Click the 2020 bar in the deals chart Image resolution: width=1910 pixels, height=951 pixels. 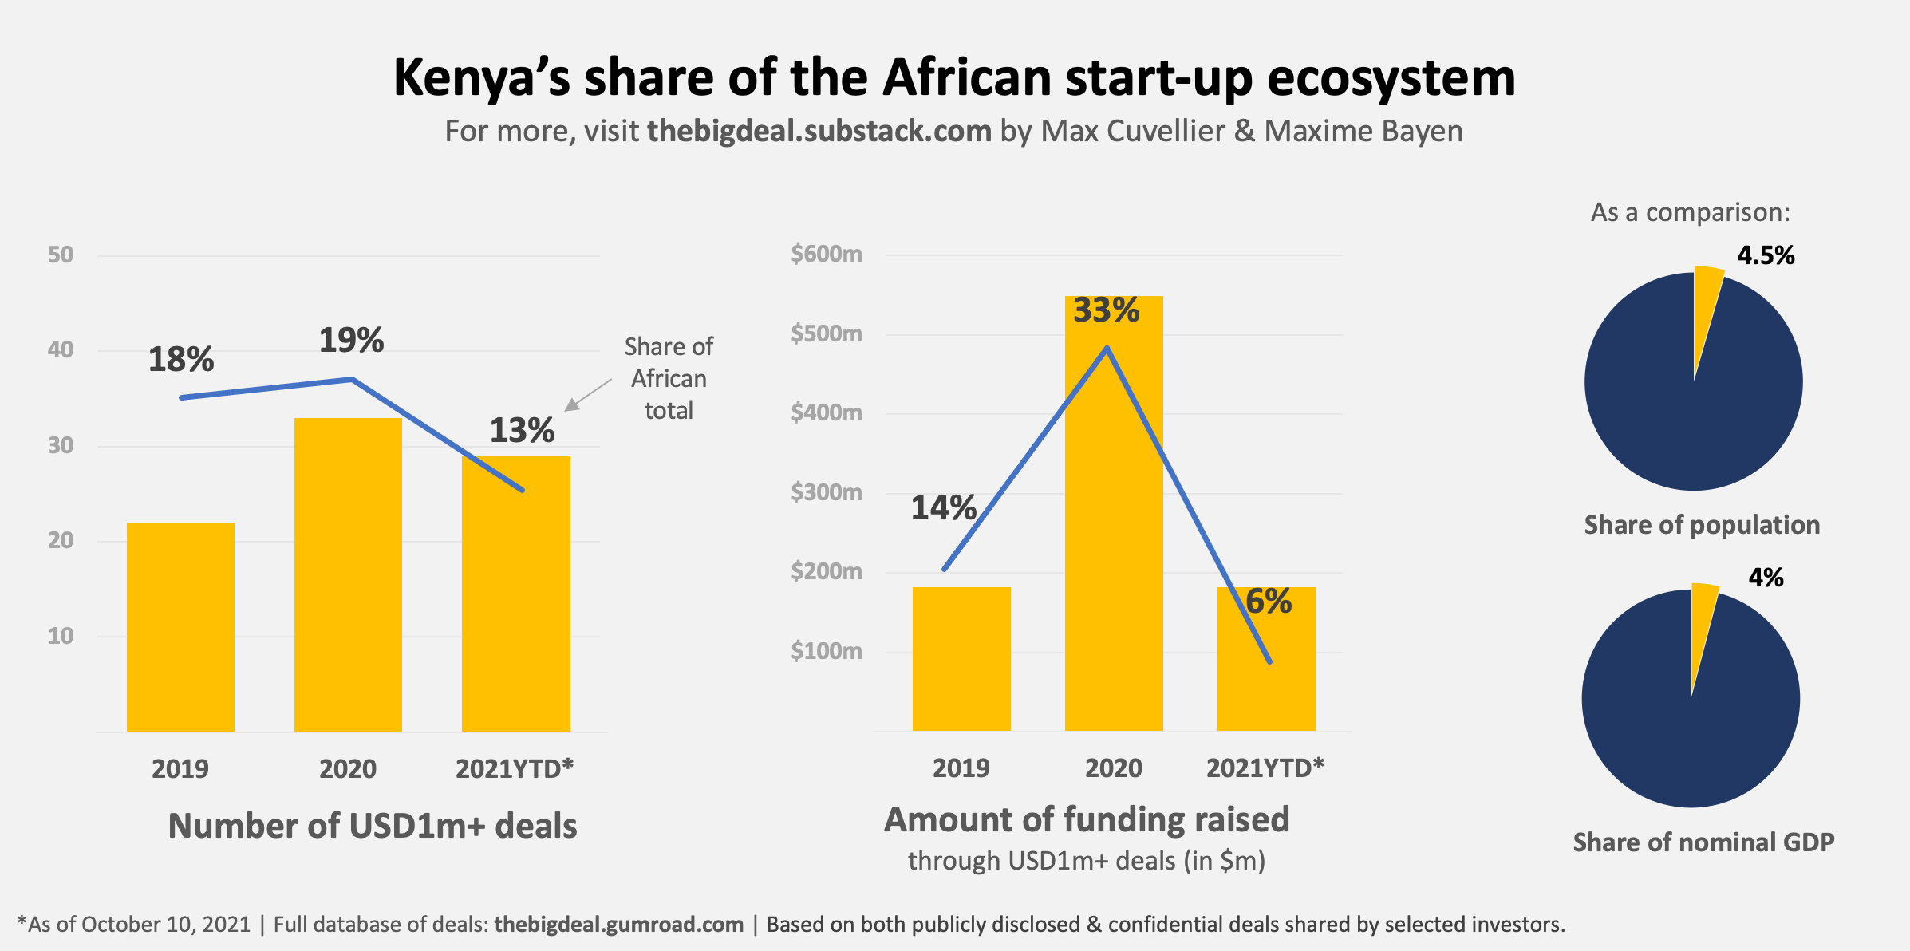point(348,574)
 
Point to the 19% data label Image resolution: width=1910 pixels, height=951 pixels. point(351,341)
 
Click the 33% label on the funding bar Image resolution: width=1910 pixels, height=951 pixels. point(1106,310)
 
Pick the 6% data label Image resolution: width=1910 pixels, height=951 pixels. point(1269,602)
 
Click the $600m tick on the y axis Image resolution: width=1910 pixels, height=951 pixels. point(826,254)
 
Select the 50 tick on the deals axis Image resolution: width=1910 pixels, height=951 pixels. point(61,255)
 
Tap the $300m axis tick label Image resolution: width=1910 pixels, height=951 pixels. point(826,492)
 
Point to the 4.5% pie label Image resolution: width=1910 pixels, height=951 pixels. point(1766,255)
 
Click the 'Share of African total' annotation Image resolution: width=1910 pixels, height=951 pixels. point(669,378)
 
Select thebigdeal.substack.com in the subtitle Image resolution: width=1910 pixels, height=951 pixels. point(819,131)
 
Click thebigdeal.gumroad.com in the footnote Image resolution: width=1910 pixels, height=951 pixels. point(618,925)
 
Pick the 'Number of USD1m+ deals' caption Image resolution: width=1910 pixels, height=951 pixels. point(372,826)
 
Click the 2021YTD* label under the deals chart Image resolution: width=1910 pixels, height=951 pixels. point(515,768)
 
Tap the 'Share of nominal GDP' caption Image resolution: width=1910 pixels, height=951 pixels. point(1703,842)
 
